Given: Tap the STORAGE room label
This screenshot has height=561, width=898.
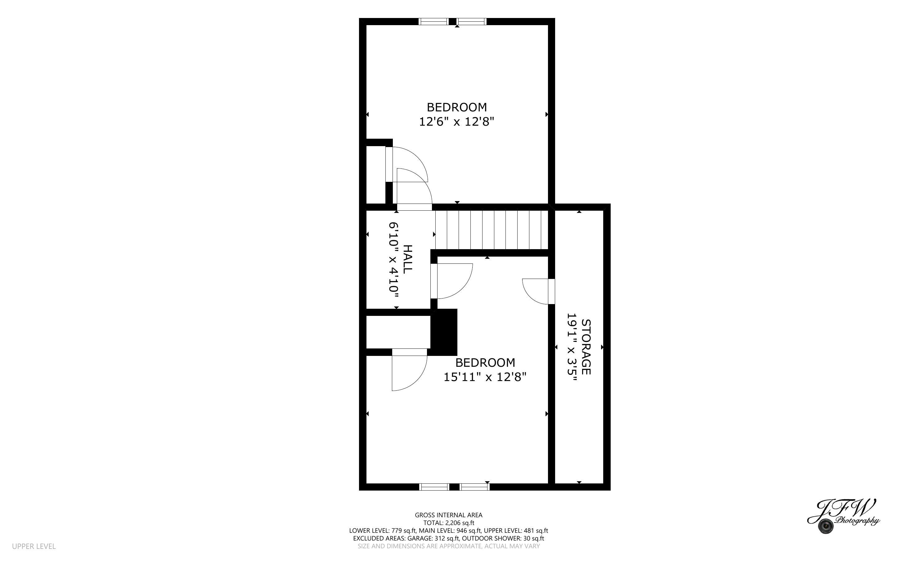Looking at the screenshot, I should [x=586, y=347].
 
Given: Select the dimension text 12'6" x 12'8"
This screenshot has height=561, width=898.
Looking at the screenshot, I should [x=457, y=122].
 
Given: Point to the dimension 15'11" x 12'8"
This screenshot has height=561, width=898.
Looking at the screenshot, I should [x=485, y=377].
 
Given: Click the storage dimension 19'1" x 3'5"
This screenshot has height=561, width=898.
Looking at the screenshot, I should [x=572, y=347].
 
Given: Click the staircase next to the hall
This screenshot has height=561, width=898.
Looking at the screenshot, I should [x=492, y=230].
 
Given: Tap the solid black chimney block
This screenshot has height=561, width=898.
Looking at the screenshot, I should [x=444, y=332].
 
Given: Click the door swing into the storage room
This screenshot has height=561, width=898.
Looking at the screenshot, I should [x=536, y=291].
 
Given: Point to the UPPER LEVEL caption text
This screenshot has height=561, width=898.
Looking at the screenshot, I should [x=34, y=546].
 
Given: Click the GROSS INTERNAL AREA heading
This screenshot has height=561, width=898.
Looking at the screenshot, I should [x=448, y=515].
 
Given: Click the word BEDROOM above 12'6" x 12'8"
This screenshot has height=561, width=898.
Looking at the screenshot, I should [x=457, y=107].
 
